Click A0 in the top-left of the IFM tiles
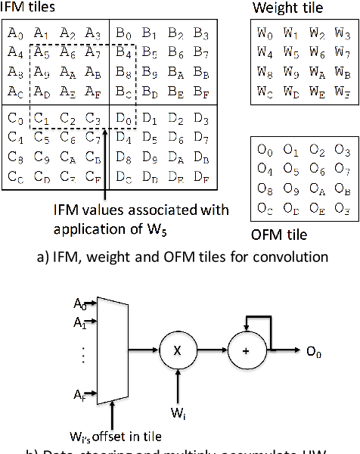coord(15,33)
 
